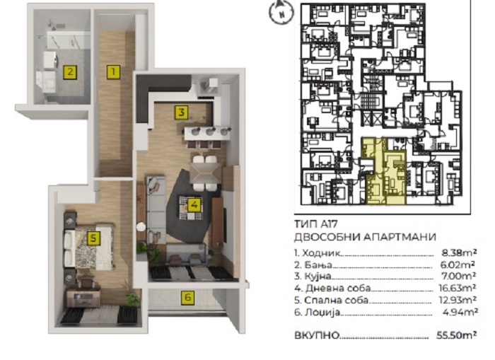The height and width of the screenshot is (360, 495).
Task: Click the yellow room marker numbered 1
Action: (x=113, y=72)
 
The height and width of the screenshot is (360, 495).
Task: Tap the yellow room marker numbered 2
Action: (x=70, y=72)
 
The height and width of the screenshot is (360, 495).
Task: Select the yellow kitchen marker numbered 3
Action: (x=181, y=112)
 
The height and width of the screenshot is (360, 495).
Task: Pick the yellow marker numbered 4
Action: (x=194, y=205)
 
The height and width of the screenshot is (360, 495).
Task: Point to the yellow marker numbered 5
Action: (x=93, y=238)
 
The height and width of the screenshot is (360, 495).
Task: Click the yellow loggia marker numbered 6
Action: (x=188, y=298)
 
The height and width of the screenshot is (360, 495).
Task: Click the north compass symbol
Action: (x=281, y=12)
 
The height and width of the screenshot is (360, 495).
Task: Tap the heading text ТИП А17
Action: (x=315, y=224)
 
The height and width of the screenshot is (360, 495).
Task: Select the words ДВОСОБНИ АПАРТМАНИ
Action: (x=365, y=237)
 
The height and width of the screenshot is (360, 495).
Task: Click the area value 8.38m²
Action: (x=460, y=252)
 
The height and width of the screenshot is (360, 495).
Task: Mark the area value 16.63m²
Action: (x=458, y=288)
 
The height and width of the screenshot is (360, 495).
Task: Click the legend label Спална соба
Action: (x=336, y=300)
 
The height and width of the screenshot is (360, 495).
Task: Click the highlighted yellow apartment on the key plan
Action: (x=384, y=170)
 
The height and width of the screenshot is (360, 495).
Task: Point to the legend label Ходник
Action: (x=321, y=253)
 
